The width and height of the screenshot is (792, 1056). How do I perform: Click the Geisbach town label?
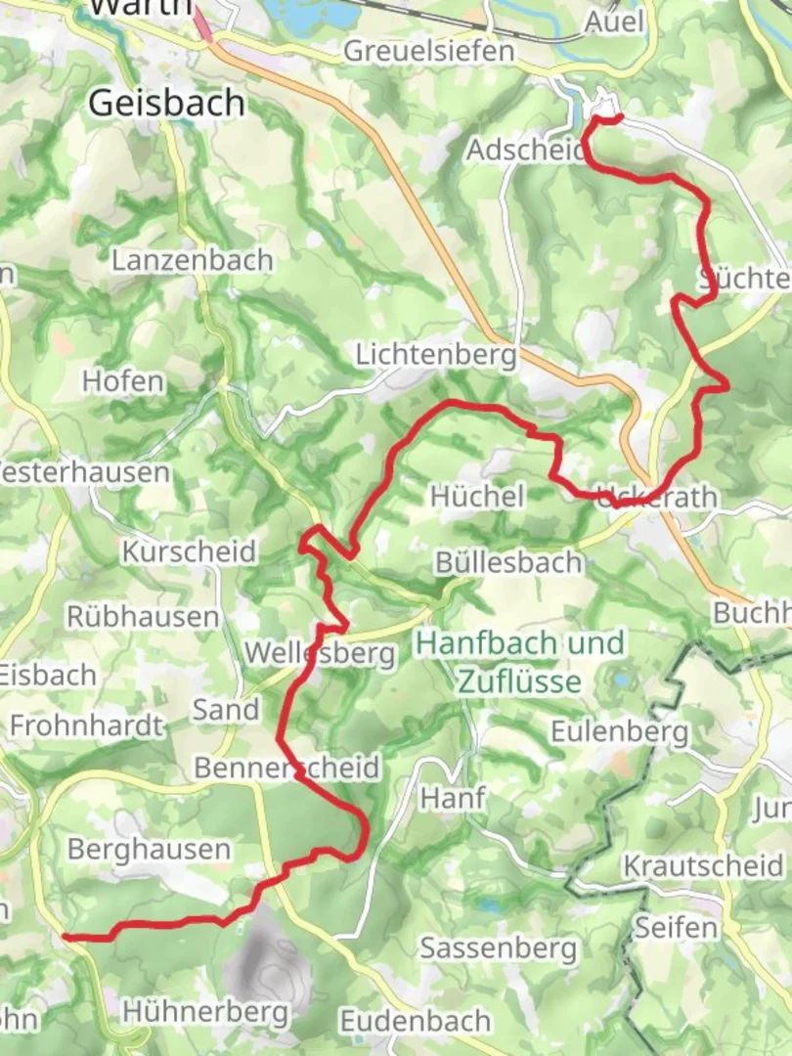166,103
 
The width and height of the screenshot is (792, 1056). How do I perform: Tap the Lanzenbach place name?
192,261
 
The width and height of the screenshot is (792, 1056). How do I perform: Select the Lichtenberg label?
435,355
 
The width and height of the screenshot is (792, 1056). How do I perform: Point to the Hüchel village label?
477,496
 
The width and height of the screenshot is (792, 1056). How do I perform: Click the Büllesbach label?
508,563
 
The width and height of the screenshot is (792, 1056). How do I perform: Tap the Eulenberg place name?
619,732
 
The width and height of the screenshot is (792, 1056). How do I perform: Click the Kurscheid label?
189,552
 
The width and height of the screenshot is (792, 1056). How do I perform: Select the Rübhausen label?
143,617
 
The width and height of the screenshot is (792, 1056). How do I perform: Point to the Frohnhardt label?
86,726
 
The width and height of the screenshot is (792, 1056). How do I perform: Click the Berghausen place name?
149,850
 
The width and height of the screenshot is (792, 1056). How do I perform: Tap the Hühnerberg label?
205,1011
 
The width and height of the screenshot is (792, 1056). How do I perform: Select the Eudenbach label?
415,1022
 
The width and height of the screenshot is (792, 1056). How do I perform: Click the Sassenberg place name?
499,947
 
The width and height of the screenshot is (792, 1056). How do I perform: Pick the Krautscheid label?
703,866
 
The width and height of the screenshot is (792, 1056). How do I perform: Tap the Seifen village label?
677,927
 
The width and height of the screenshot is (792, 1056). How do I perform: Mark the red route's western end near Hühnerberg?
66,937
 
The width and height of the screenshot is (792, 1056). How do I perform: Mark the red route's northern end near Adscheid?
620,117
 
